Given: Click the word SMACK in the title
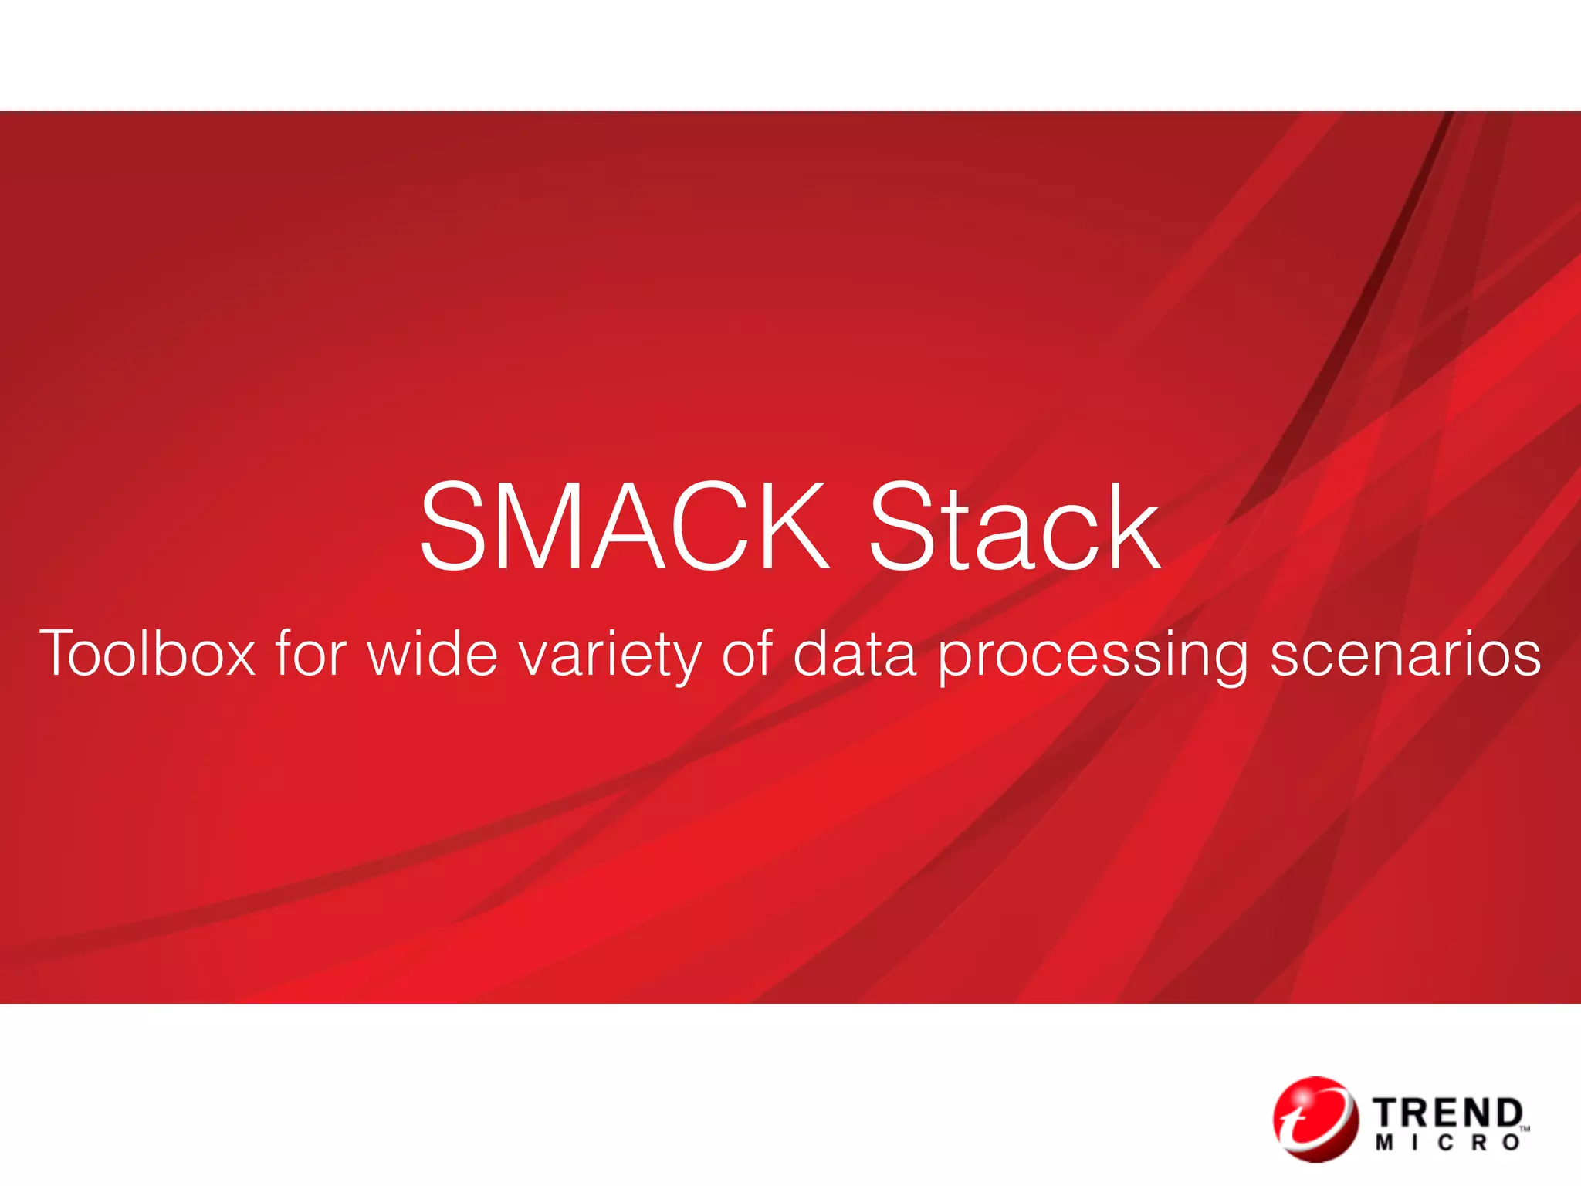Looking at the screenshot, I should (x=624, y=527).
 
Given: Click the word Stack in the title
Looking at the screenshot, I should (x=1014, y=527).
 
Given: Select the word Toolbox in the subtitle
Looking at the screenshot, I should (x=147, y=654).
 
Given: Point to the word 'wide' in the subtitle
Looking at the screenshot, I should (x=432, y=654).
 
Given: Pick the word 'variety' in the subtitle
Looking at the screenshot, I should (x=609, y=656).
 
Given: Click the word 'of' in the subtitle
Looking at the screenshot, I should (x=746, y=654).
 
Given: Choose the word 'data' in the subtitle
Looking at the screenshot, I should (x=855, y=654).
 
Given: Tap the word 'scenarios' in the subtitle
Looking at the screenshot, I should (x=1405, y=654).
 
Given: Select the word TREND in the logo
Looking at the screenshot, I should (x=1448, y=1113).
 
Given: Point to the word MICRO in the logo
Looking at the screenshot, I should (x=1448, y=1144).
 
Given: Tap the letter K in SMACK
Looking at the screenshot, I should (x=791, y=527).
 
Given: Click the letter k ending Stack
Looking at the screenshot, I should (x=1132, y=527).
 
